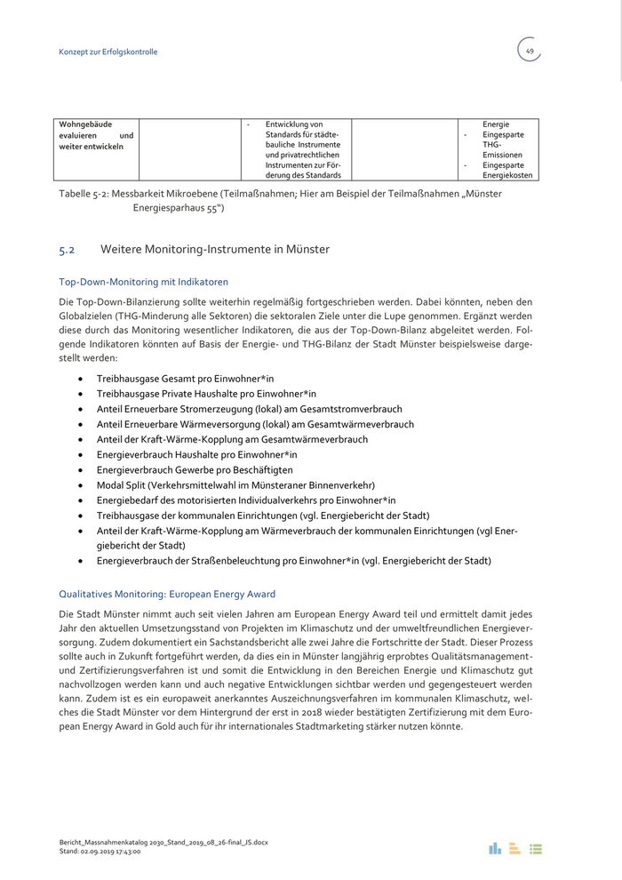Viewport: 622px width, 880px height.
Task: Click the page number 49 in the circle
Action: click(x=530, y=52)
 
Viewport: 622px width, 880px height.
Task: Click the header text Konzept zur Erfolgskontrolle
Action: click(x=108, y=52)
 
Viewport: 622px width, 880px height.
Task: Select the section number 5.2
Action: click(x=67, y=250)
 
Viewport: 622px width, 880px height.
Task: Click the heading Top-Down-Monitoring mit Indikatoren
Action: click(x=143, y=282)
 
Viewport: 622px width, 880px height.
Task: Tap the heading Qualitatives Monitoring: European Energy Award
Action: click(x=167, y=594)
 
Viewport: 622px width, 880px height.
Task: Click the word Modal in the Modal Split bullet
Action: click(x=110, y=485)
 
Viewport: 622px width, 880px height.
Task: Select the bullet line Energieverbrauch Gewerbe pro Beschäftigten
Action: click(x=195, y=470)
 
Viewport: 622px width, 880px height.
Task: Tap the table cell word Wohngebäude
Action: click(x=86, y=124)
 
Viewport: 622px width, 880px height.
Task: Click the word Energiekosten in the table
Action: click(x=507, y=175)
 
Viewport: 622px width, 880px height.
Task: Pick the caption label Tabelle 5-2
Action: click(x=88, y=194)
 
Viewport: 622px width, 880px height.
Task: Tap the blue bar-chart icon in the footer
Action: click(x=495, y=848)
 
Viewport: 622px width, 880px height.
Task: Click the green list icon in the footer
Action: click(x=536, y=849)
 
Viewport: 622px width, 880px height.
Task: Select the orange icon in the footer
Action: click(x=515, y=848)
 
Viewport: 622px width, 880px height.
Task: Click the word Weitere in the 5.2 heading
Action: click(x=122, y=250)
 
